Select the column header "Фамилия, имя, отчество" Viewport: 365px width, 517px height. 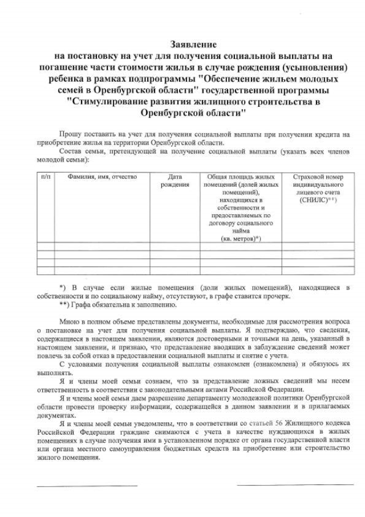[102, 177]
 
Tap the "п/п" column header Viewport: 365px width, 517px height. [46, 177]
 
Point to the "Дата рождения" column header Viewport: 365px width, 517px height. [175, 181]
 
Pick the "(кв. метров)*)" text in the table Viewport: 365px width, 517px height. [240, 238]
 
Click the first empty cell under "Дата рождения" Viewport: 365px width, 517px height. [175, 247]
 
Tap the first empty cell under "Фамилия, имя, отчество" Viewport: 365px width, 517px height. [102, 247]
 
